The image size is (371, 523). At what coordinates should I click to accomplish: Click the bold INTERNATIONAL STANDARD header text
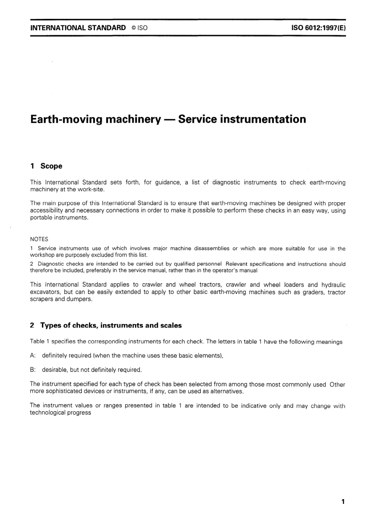(x=78, y=28)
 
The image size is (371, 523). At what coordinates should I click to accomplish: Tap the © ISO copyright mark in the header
(x=139, y=28)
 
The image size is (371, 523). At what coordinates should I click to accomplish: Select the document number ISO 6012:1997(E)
(x=318, y=28)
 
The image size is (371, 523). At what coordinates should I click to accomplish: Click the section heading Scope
(x=51, y=166)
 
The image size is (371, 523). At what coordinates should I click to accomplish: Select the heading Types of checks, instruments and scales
(x=111, y=325)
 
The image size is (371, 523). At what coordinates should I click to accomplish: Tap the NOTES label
(x=39, y=239)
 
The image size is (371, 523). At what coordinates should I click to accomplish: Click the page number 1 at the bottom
(x=343, y=501)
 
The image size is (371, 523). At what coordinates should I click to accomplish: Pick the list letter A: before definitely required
(x=33, y=356)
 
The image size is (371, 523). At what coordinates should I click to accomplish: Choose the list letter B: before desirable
(x=33, y=370)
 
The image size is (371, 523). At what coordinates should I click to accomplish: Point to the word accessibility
(x=46, y=210)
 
